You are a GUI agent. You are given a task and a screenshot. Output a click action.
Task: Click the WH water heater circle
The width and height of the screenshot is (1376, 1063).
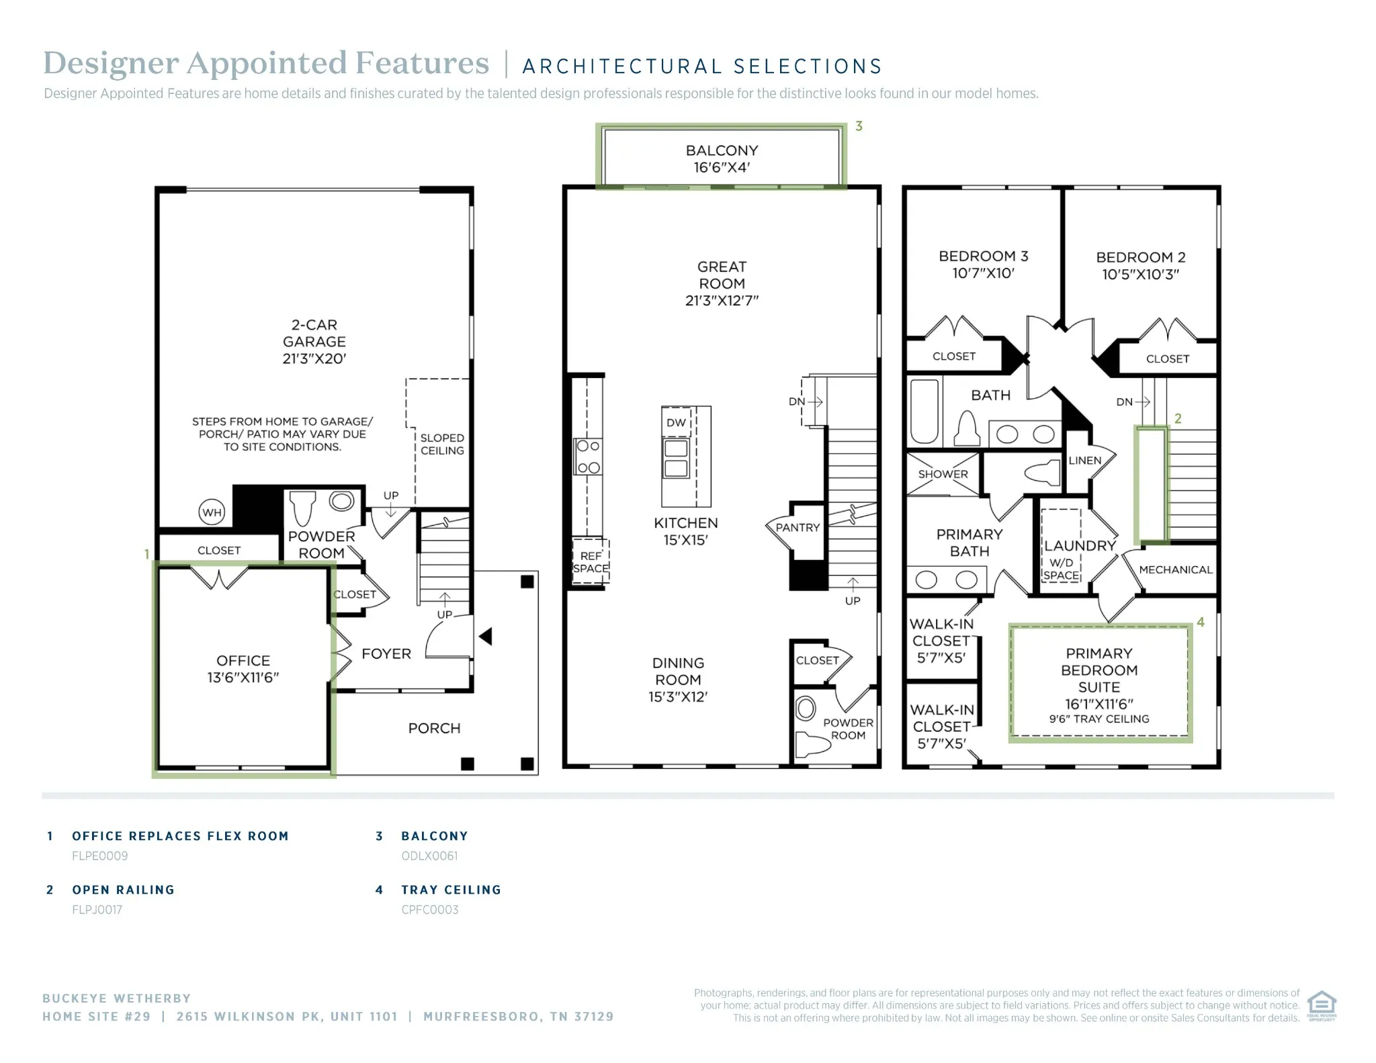click(212, 512)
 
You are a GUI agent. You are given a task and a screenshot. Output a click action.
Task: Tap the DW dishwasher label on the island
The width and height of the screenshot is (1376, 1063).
click(676, 422)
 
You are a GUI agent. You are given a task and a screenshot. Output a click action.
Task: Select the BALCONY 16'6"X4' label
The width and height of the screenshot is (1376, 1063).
click(722, 159)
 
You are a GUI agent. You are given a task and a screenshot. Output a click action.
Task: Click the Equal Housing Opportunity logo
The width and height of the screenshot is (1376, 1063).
click(1321, 1005)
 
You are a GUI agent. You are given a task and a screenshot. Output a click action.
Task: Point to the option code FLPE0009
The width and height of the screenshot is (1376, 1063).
click(99, 856)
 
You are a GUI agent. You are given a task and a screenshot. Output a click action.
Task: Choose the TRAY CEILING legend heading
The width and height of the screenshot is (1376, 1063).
click(451, 890)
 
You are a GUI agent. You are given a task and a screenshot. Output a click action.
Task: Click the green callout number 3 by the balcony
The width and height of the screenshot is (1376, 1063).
click(859, 126)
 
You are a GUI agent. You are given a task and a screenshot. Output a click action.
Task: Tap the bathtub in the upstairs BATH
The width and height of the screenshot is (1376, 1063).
click(924, 411)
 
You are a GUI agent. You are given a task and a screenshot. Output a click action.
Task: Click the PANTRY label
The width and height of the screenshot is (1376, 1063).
click(798, 528)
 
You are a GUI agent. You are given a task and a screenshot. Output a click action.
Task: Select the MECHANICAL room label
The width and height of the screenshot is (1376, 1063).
click(1175, 569)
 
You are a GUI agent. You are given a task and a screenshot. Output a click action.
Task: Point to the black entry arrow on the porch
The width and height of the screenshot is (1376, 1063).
click(485, 636)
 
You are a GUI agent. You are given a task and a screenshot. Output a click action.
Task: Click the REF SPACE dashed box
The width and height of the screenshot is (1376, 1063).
click(591, 563)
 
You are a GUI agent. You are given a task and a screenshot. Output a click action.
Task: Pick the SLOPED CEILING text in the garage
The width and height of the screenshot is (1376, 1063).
click(442, 444)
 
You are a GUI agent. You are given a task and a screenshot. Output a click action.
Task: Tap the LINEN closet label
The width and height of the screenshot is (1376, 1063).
click(1084, 461)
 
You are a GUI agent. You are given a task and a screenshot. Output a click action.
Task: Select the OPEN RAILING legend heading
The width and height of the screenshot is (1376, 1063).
click(123, 890)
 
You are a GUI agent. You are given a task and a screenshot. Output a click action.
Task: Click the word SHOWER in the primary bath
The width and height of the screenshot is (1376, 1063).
click(943, 474)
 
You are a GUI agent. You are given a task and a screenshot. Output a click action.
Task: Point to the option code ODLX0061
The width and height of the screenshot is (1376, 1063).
click(429, 856)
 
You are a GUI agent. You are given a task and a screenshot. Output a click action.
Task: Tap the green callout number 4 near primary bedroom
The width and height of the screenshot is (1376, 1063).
click(1201, 622)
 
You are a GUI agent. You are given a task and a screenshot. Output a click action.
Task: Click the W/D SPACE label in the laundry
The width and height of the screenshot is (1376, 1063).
click(1061, 569)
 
